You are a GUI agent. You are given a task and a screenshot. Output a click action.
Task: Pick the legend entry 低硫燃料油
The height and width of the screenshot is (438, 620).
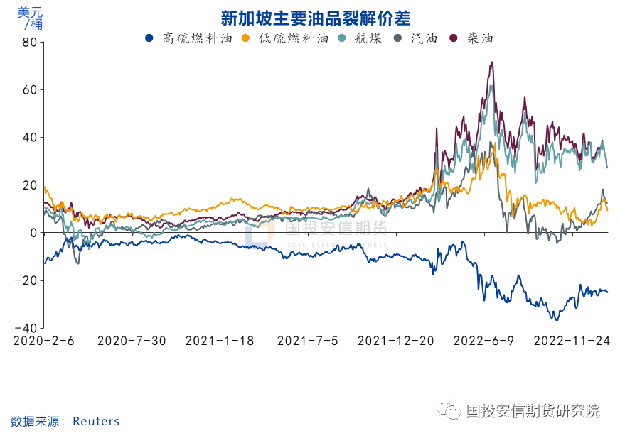pos(292,38)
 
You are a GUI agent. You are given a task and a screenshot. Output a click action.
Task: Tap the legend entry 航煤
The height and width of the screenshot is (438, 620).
pos(364,38)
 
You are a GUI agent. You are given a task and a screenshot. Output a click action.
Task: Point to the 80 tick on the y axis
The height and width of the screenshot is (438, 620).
pos(29,43)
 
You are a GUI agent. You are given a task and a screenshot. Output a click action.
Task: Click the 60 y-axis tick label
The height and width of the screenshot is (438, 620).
pos(29,90)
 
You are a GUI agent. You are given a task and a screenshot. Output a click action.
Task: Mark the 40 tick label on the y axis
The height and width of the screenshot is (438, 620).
pos(29,138)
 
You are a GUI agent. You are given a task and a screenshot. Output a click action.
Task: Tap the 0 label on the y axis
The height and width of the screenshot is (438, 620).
pos(33,233)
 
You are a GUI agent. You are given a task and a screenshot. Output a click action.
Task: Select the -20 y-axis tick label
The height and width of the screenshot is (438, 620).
pos(27,280)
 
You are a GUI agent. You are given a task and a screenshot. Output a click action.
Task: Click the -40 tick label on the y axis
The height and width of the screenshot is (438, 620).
pos(27,328)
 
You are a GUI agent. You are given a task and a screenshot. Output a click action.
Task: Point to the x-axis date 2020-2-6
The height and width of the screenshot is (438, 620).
pos(44,341)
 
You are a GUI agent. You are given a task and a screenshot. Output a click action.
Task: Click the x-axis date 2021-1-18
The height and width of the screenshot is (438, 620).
pos(220,341)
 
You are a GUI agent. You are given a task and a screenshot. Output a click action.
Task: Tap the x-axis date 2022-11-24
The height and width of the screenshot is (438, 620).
pos(572,341)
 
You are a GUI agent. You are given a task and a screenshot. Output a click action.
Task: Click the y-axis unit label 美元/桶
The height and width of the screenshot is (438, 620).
pos(31,18)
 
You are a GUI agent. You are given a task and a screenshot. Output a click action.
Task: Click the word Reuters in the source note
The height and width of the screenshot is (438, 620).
pos(96,422)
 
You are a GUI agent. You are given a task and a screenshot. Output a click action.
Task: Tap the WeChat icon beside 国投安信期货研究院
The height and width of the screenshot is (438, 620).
pos(449,411)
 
